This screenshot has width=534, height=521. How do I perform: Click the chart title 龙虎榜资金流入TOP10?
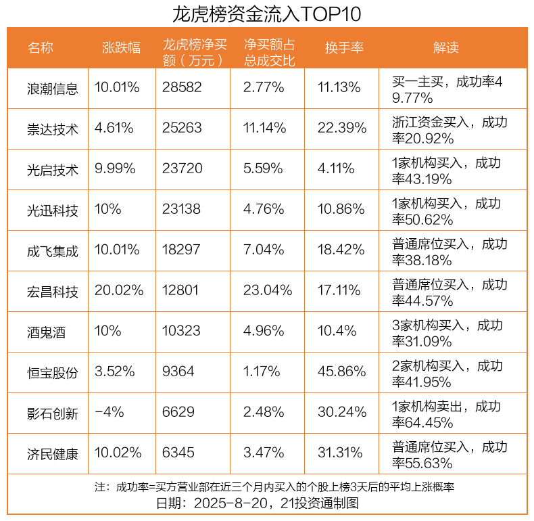(266, 14)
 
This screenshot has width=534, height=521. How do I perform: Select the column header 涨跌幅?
(122, 48)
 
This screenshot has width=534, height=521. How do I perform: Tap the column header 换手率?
(344, 48)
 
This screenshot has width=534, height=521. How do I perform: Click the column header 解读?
(445, 48)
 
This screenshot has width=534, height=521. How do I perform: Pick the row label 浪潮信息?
(53, 89)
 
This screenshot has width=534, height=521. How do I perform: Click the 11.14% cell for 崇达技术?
(264, 129)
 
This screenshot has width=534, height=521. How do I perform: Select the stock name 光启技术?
(53, 170)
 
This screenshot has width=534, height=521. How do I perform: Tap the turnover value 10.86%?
(341, 210)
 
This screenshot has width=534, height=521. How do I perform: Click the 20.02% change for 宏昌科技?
(119, 291)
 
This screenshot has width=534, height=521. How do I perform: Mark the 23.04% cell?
(267, 291)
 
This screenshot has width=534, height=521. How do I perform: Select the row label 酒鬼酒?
(47, 332)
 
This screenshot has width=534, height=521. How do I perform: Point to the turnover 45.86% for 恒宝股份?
(341, 372)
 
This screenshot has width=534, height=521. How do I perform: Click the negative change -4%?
(107, 413)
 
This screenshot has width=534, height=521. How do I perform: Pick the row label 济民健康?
(53, 454)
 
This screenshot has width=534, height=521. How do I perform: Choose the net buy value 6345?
(178, 453)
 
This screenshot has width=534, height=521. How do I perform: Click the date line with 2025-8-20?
(266, 503)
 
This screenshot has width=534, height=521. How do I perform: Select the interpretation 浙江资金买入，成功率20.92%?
(449, 130)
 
